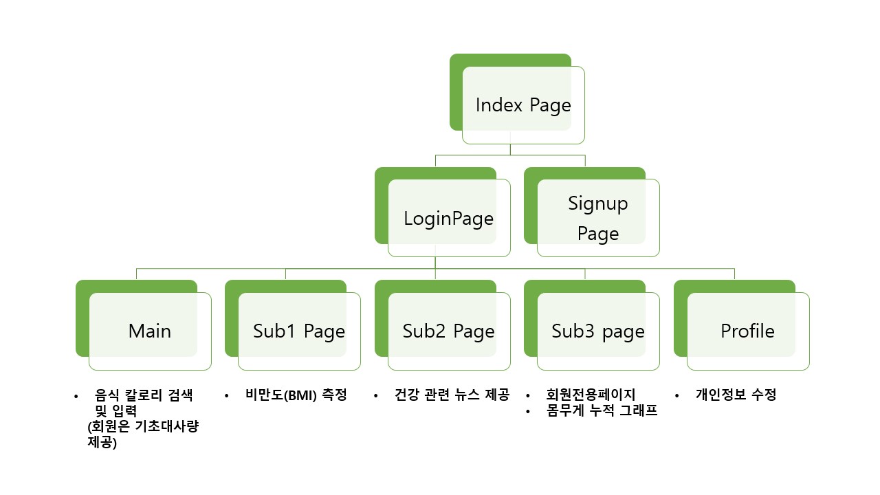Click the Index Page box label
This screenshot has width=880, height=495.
(523, 105)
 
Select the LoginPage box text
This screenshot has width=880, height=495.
(448, 219)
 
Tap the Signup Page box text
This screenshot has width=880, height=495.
(597, 219)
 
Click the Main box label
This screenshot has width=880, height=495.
(149, 331)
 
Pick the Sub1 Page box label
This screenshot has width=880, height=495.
(298, 331)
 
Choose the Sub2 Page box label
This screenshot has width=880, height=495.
(448, 331)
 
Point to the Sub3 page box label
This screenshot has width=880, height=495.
(597, 331)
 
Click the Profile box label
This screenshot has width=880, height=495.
(747, 331)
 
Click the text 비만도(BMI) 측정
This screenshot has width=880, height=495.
(296, 395)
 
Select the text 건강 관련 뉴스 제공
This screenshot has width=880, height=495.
(452, 395)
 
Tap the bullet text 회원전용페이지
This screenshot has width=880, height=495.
(591, 395)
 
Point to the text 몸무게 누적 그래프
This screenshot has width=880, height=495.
(602, 412)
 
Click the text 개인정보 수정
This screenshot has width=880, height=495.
(736, 395)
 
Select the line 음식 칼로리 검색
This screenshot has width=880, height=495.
(144, 395)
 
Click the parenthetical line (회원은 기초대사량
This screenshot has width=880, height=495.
(143, 428)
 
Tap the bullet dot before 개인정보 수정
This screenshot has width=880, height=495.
(677, 396)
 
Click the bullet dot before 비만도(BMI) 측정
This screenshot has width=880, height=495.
(227, 396)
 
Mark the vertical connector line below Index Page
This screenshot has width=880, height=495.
(510, 149)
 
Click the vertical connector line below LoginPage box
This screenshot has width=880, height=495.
(436, 263)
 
